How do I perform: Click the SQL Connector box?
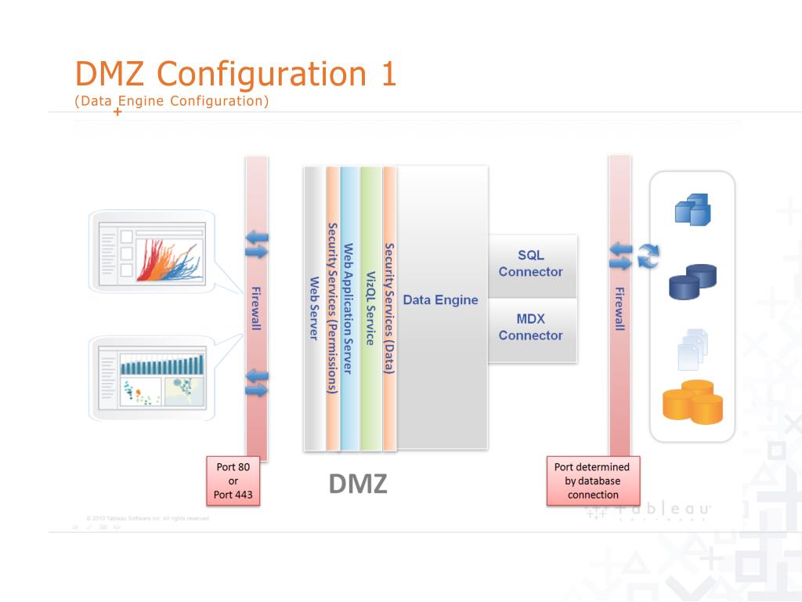pyautogui.click(x=531, y=263)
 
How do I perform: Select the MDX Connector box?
pyautogui.click(x=531, y=328)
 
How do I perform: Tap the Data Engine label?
pyautogui.click(x=440, y=299)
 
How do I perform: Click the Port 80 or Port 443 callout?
pyautogui.click(x=233, y=481)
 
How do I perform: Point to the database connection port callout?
pyautogui.click(x=593, y=481)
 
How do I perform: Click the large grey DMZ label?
pyautogui.click(x=358, y=484)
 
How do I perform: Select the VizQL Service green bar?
pyautogui.click(x=370, y=309)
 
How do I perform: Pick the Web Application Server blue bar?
pyautogui.click(x=349, y=309)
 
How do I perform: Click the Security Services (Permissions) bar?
pyautogui.click(x=333, y=309)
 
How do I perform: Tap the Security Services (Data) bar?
pyautogui.click(x=389, y=309)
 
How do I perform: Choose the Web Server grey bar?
pyautogui.click(x=314, y=309)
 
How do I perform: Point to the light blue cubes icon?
pyautogui.click(x=692, y=209)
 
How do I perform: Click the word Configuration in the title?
pyautogui.click(x=262, y=74)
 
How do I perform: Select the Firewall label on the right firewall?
pyautogui.click(x=620, y=309)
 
